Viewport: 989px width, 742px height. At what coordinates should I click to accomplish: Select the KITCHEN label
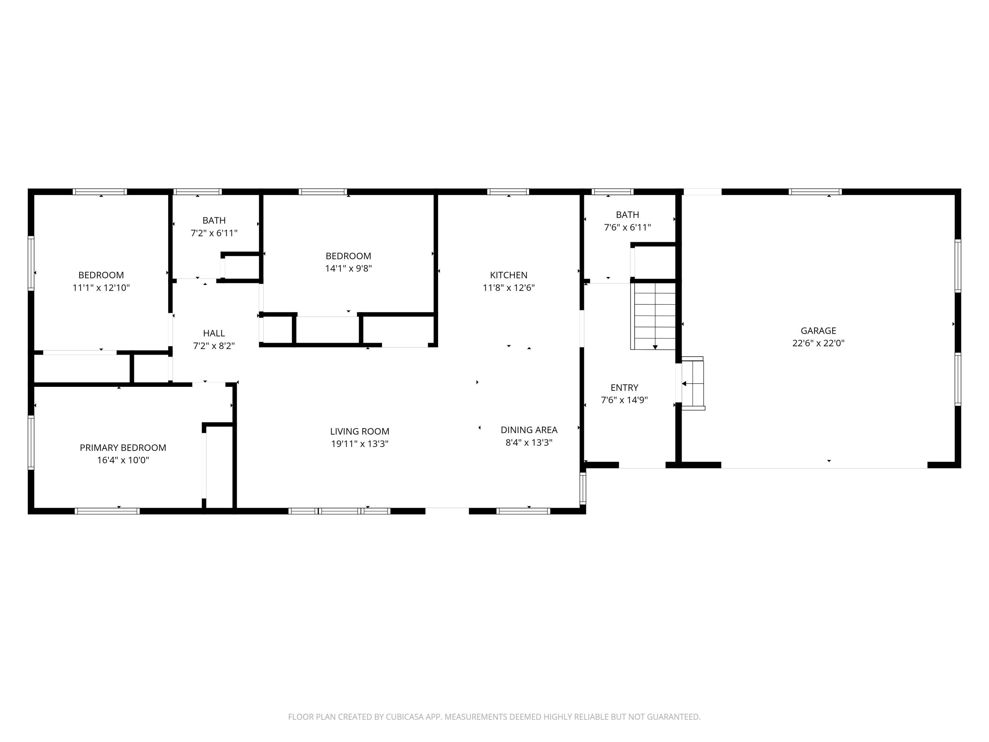508,275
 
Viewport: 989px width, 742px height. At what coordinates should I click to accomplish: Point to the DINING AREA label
528,430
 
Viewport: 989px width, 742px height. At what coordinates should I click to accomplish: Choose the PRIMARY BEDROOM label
123,448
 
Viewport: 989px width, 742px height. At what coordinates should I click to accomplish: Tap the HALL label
214,333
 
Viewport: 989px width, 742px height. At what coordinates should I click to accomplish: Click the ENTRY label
624,388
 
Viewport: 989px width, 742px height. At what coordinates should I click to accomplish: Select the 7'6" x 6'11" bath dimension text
627,227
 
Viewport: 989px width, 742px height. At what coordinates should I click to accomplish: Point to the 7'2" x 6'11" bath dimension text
214,233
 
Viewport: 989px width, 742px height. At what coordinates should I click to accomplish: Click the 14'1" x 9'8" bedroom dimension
348,268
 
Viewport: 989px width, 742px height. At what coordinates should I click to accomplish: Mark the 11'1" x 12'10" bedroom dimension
101,288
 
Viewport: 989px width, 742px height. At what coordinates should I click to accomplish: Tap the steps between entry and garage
693,383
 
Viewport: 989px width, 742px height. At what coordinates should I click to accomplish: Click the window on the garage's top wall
815,192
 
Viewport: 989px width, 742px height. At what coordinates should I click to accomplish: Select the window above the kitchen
508,192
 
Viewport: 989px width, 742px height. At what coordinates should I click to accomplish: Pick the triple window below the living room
339,511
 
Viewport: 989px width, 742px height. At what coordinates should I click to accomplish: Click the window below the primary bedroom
107,511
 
